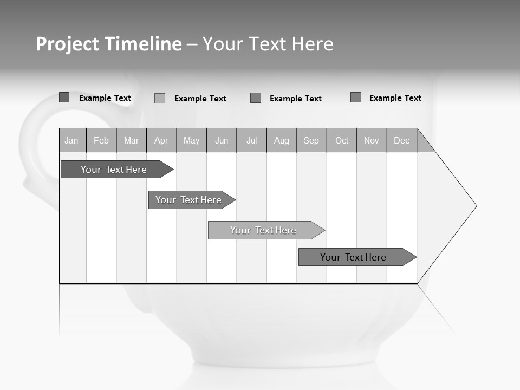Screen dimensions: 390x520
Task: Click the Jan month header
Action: [71, 140]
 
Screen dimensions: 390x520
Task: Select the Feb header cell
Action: [101, 140]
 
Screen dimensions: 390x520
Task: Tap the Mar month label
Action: [131, 140]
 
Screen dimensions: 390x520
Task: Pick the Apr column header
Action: [161, 140]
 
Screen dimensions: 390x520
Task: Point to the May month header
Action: [191, 140]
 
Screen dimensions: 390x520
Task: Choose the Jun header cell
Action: [222, 140]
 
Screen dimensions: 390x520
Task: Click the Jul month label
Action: [251, 140]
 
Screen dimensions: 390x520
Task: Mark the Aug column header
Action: [282, 140]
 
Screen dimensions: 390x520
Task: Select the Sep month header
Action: [311, 140]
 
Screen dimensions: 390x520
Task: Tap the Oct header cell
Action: [342, 140]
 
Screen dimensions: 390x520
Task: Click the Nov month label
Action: [372, 140]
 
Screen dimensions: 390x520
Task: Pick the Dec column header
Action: [402, 140]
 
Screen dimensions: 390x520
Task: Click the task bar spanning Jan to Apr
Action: [114, 170]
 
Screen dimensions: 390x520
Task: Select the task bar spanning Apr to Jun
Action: [188, 200]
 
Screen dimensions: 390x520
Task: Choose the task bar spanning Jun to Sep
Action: [263, 230]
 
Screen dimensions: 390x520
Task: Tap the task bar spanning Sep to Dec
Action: [353, 257]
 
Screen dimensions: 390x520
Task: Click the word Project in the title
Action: [68, 44]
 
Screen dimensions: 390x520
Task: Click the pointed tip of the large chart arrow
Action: [475, 206]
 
